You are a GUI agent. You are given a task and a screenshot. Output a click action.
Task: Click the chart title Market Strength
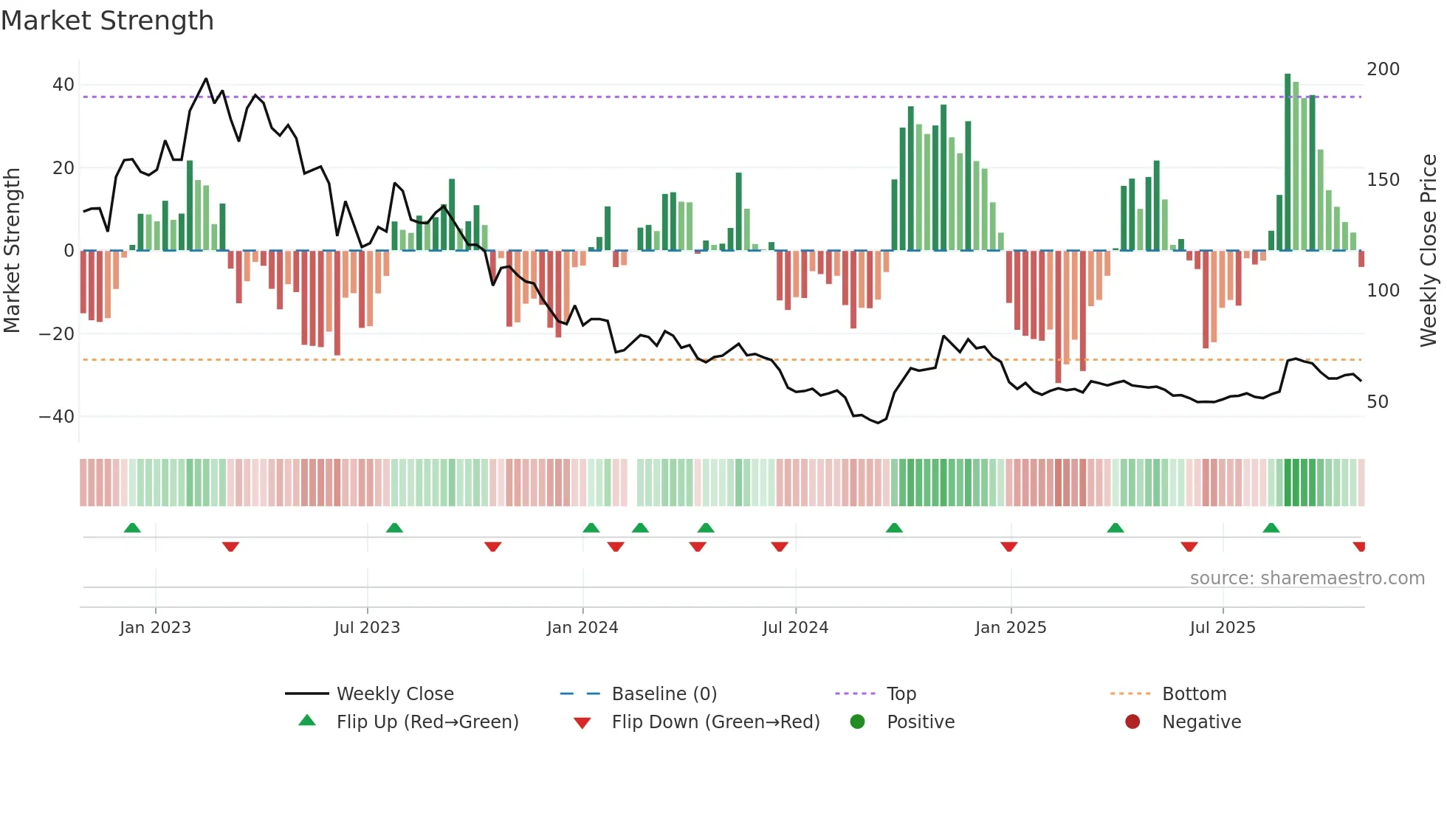(x=107, y=21)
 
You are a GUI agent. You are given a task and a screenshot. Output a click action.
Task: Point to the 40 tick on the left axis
(x=63, y=85)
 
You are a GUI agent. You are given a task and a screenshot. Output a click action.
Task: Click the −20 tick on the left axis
(x=57, y=334)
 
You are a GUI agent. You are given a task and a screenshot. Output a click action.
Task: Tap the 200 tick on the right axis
(x=1383, y=69)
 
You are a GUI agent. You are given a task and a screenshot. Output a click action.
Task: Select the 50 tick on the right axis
(x=1378, y=402)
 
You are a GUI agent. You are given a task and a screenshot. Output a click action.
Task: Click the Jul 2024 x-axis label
(x=795, y=628)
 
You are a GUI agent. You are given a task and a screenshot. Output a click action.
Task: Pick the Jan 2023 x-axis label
(x=155, y=628)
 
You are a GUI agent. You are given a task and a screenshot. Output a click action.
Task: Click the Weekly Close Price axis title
(x=1429, y=251)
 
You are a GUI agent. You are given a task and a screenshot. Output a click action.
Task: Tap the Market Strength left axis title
(x=12, y=251)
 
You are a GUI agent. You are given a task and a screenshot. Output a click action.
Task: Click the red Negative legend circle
(x=1132, y=722)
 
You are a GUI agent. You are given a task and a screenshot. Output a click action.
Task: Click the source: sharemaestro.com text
(x=1307, y=578)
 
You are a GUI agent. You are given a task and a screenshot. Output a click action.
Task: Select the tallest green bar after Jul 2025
(x=1288, y=162)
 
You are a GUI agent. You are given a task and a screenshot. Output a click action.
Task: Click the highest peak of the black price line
(x=206, y=79)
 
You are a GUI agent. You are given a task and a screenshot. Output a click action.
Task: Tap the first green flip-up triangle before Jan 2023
(x=132, y=528)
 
